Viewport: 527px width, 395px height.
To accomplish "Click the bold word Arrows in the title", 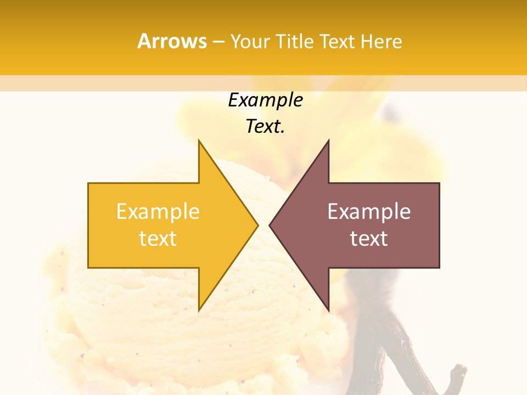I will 172,42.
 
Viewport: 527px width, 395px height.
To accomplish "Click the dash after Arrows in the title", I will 218,42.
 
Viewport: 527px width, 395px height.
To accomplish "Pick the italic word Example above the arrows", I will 265,100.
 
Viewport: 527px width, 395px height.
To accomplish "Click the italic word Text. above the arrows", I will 265,127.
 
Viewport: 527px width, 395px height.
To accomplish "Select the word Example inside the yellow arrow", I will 158,211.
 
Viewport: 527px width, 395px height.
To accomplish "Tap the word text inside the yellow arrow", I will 158,239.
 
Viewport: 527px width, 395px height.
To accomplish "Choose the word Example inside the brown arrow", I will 369,211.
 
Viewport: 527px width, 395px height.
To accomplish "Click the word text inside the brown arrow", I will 369,239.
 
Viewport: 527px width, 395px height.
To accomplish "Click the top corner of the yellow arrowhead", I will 199,142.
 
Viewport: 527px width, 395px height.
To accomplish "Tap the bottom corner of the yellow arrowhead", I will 199,309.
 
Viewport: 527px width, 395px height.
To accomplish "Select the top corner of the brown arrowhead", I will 328,142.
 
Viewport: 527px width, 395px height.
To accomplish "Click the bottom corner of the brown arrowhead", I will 328,309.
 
